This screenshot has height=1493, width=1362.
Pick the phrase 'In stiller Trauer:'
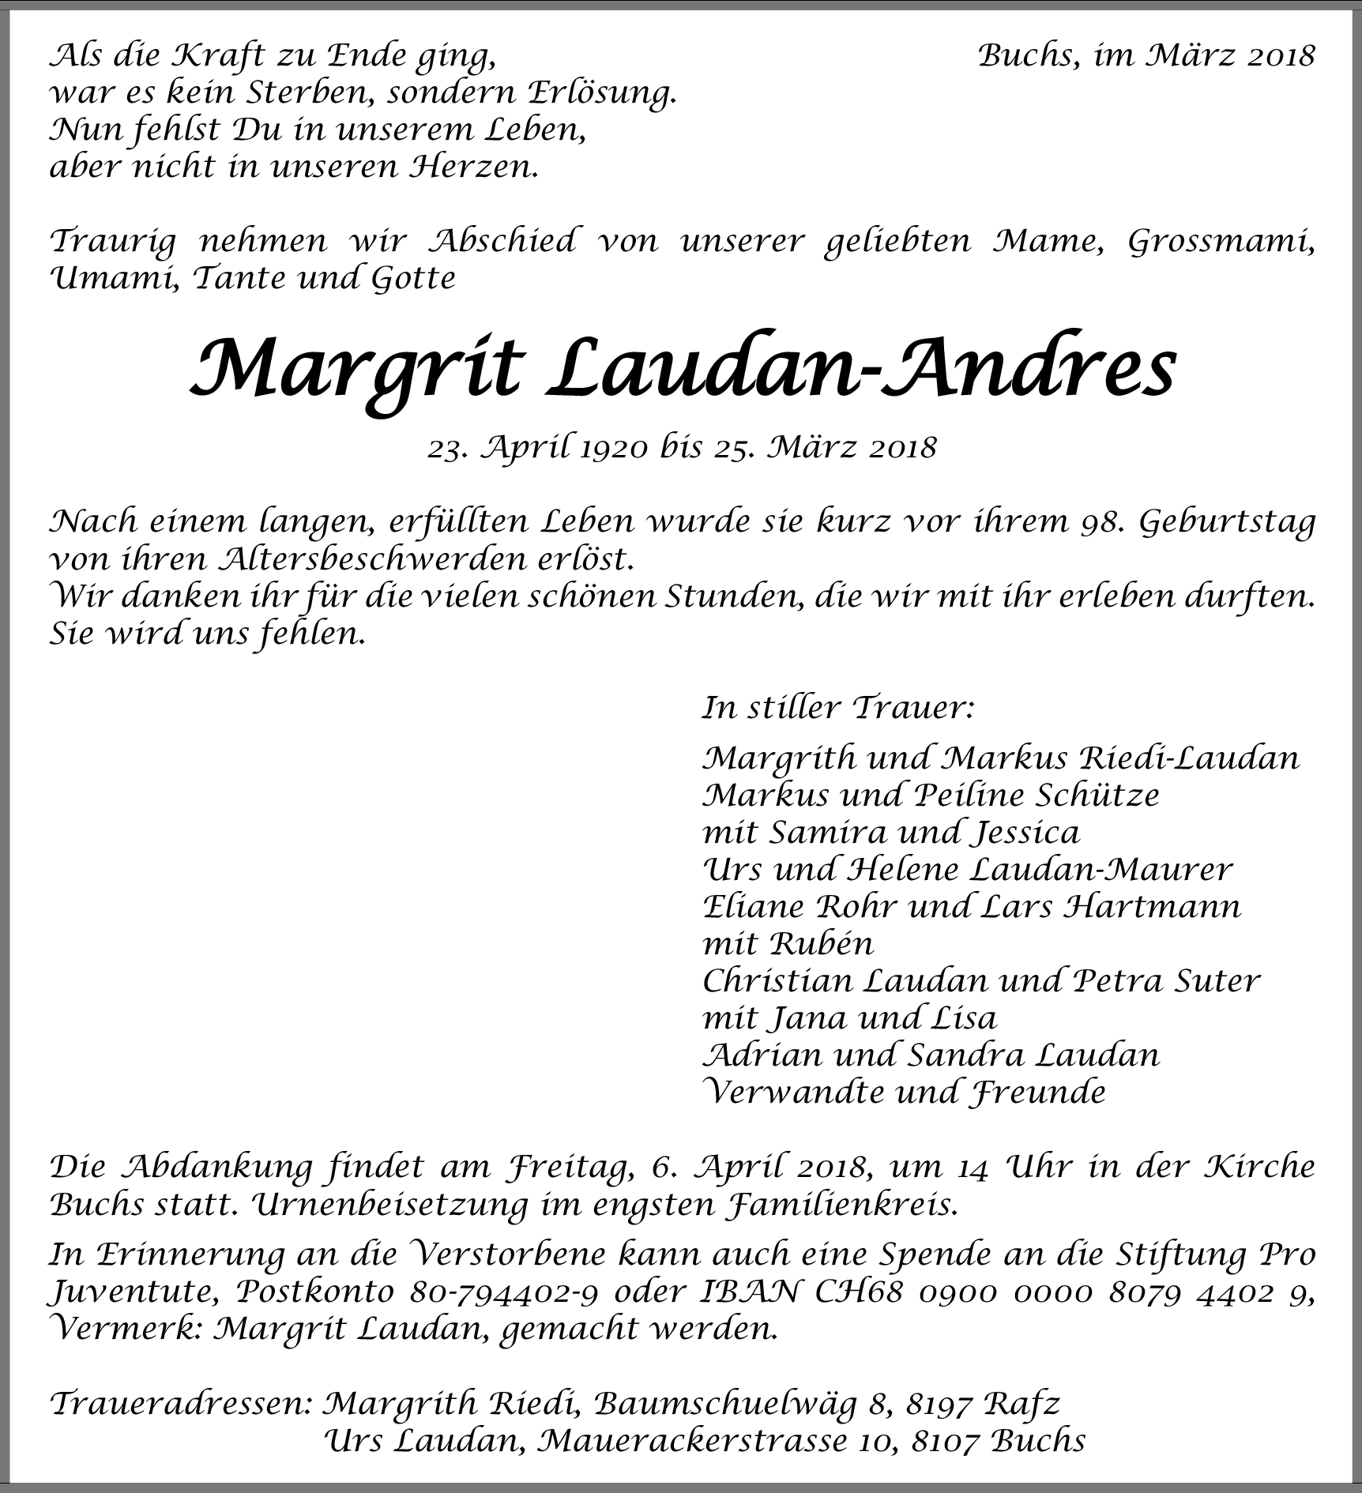[837, 707]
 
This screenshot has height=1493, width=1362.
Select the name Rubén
[822, 944]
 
